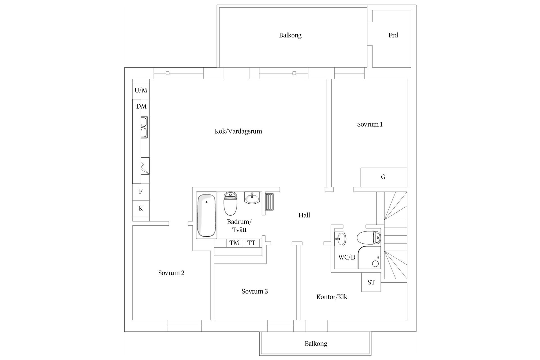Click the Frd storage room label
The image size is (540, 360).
(x=393, y=35)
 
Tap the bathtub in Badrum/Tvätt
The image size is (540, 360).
(x=206, y=215)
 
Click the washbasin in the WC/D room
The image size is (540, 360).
(x=340, y=239)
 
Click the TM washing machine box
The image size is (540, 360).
(x=234, y=243)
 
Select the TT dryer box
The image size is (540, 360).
(x=251, y=243)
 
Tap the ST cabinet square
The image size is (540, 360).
(x=371, y=282)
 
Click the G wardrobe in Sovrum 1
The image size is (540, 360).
(x=383, y=177)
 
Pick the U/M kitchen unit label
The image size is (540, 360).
(x=141, y=90)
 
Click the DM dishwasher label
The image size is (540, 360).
(x=141, y=106)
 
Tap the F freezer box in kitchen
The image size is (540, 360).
(x=141, y=192)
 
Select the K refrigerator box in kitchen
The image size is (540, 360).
(x=141, y=208)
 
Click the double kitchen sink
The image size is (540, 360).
(x=144, y=127)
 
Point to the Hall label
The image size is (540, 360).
(x=304, y=215)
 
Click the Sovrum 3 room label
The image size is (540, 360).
(x=255, y=291)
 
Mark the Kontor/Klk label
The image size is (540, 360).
(x=332, y=297)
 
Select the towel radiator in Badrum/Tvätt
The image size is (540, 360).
(x=269, y=202)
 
